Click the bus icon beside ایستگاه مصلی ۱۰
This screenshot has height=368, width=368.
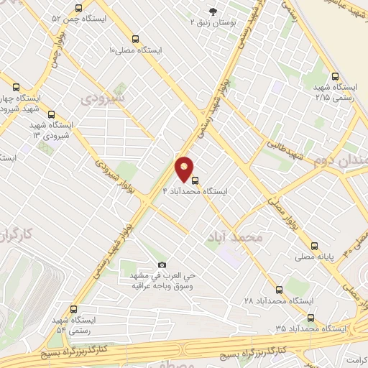click(x=137, y=40)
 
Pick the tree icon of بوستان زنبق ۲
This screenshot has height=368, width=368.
click(x=212, y=10)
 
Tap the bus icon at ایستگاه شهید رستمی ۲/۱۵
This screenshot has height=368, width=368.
click(x=334, y=76)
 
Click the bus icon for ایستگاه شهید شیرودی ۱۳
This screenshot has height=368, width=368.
click(x=50, y=114)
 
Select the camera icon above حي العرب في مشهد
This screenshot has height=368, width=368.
click(x=162, y=264)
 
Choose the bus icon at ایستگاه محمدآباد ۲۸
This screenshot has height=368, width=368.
click(x=279, y=290)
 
